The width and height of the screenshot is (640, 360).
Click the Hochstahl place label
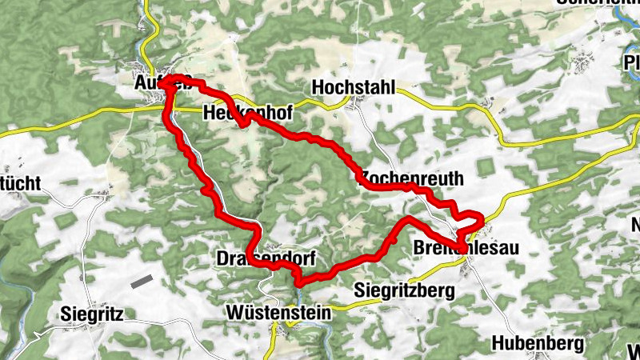click(x=355, y=87)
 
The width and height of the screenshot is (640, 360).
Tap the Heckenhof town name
click(x=246, y=112)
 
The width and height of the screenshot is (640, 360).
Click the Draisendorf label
click(x=266, y=258)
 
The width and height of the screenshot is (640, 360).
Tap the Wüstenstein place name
click(x=278, y=311)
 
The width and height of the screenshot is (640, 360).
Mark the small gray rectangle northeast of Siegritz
click(x=142, y=281)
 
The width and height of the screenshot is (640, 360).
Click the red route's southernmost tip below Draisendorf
click(x=298, y=282)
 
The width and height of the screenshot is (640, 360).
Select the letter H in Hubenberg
click(x=499, y=343)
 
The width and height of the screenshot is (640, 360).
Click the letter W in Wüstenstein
click(x=235, y=311)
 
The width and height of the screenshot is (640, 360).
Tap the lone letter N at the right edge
click(x=635, y=225)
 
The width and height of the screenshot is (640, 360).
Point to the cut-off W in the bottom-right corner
click(x=634, y=350)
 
